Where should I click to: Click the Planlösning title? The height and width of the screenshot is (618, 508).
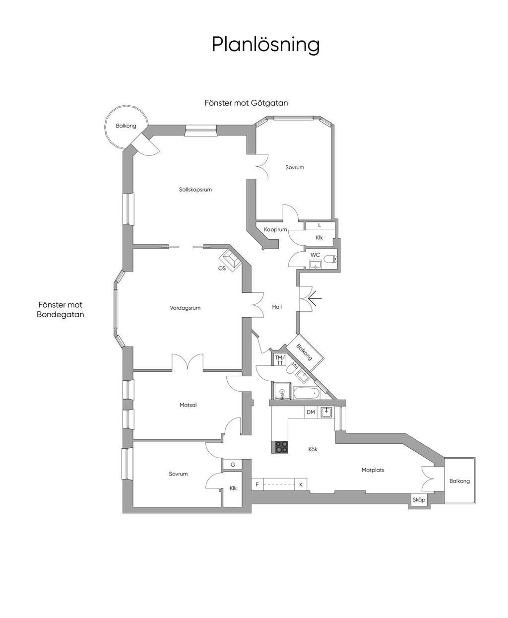click(x=265, y=44)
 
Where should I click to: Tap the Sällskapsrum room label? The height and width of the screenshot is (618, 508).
click(x=195, y=189)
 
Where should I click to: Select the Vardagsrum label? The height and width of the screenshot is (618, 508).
click(x=185, y=308)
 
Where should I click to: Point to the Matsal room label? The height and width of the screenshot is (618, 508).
click(x=188, y=405)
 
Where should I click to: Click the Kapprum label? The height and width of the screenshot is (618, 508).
click(x=275, y=230)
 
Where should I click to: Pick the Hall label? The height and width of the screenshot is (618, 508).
click(x=277, y=307)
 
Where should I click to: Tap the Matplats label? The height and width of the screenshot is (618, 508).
click(x=373, y=470)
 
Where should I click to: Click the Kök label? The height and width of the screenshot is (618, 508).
click(x=313, y=449)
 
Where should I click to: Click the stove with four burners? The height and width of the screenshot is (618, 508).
click(x=281, y=447)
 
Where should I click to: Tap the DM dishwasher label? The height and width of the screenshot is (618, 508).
click(x=311, y=412)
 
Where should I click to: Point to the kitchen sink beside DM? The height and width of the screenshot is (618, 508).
click(x=326, y=412)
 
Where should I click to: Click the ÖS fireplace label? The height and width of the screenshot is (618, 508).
click(x=222, y=269)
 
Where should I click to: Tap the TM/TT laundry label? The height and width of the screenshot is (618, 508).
click(x=280, y=360)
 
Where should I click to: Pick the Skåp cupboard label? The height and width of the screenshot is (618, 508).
click(x=419, y=500)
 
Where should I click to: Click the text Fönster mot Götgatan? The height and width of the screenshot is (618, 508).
click(x=246, y=103)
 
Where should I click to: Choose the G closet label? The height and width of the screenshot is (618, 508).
click(x=233, y=465)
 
